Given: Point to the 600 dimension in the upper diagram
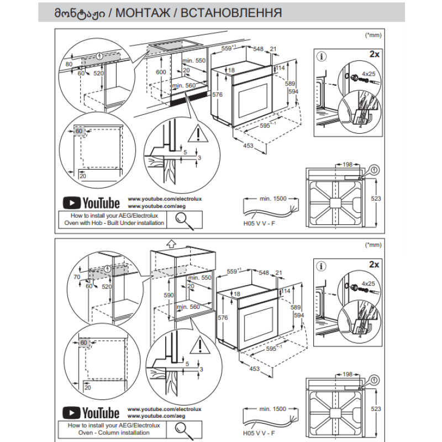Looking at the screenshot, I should [x=160, y=72].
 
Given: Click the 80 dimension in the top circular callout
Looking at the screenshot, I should [x=69, y=64].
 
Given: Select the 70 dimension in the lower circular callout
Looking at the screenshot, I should [x=76, y=277].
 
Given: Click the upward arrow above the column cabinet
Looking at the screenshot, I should [x=171, y=241].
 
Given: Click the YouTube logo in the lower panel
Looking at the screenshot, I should [x=91, y=413].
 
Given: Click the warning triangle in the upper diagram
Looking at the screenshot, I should [x=196, y=134].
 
